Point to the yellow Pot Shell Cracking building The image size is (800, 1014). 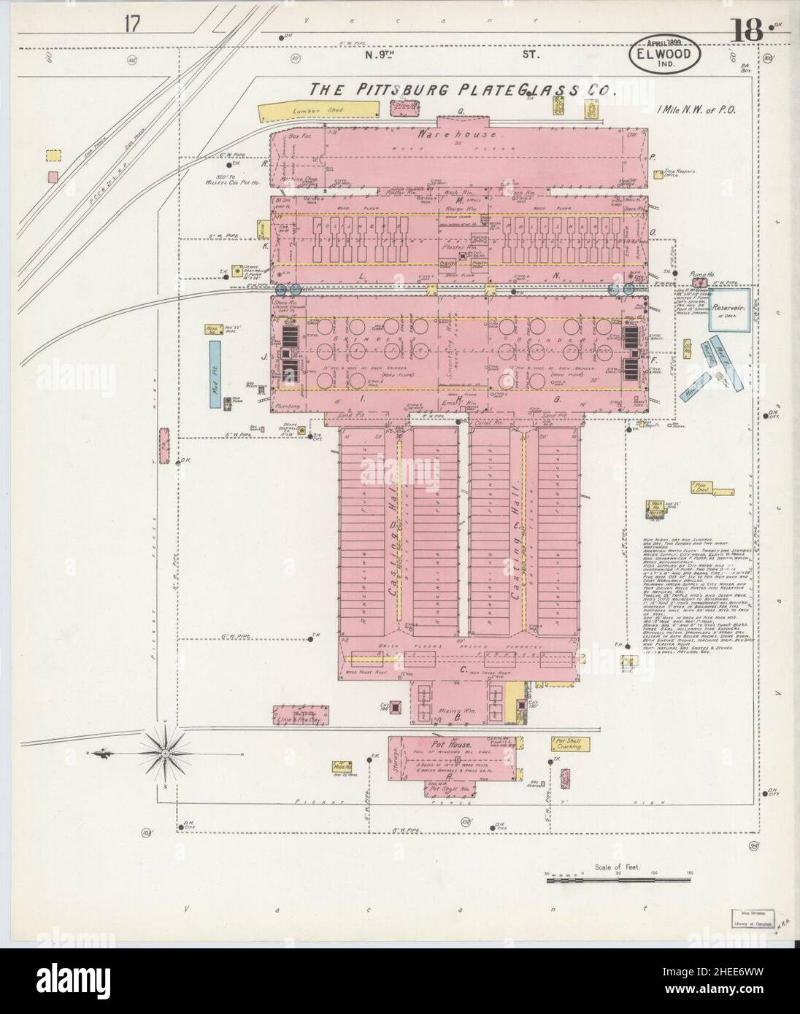(x=570, y=744)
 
